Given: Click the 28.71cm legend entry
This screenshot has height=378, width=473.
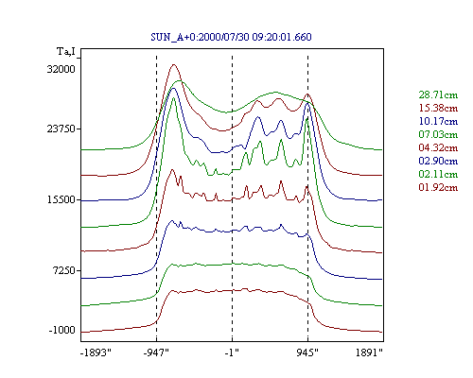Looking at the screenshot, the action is pos(438,94).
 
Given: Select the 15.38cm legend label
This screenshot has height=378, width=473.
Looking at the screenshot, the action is pos(438,108).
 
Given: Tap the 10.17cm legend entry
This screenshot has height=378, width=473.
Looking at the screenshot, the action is pos(438,121).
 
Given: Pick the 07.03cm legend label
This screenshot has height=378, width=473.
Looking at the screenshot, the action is pos(438,134).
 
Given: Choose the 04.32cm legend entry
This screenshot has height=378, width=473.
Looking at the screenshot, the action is pos(438,147).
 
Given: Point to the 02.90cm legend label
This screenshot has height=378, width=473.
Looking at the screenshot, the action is pos(438,161).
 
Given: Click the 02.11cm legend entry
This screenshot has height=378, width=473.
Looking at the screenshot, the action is pos(438,174).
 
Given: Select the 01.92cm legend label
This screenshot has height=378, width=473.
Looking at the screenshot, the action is pos(438,187).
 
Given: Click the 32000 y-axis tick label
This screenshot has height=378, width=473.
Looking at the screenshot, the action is pos(61,69).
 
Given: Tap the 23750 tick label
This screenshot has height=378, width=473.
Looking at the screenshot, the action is pos(61,129).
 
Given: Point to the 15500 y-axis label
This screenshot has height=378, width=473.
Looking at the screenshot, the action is pos(61,199).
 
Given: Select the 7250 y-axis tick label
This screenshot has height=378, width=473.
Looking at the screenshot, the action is pos(64,270).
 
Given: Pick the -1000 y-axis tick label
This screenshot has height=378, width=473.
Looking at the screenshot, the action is pos(62,330).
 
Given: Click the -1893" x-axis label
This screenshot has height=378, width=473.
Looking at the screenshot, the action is pos(96,352).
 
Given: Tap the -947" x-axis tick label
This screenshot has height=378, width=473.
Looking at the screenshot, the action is pos(156,352).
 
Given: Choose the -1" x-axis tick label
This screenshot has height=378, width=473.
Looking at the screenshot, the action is pos(232,352).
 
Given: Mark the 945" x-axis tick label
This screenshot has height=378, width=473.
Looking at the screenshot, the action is pos(307,352).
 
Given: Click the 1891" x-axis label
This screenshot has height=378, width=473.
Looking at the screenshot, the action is pos(369,352).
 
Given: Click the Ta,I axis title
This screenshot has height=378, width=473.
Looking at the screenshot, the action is pos(66,51).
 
